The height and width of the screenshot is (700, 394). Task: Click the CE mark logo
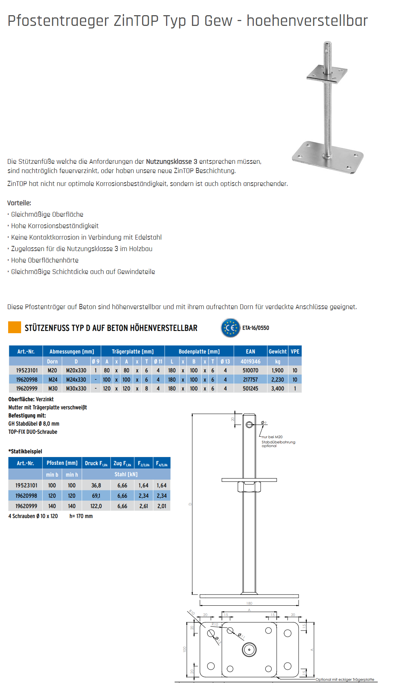pos(230,328)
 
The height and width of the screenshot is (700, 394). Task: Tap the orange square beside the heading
pos(14,327)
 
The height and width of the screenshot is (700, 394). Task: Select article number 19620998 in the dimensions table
pos(27,379)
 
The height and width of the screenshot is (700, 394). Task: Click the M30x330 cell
pos(76,389)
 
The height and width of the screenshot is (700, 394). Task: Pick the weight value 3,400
pos(277,389)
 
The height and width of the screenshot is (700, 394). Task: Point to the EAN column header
pos(250,351)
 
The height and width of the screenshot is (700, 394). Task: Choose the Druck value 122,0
pos(96,506)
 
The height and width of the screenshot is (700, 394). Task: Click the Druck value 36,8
pos(96,485)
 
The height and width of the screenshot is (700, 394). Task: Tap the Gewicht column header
pos(277,351)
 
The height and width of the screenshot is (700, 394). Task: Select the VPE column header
pos(295,351)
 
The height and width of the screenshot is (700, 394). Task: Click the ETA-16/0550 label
pos(256,328)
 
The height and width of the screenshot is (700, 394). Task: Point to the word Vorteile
pos(19,203)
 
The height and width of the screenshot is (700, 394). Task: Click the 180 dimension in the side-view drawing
pos(249,603)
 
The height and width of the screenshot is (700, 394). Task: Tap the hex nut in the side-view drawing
pos(249,487)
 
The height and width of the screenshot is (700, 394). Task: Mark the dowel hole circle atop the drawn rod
pos(249,425)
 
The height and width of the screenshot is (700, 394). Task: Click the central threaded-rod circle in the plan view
pos(249,649)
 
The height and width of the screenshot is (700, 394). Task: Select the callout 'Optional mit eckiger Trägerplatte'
pos(345,679)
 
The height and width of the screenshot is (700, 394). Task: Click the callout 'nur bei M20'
pos(272,437)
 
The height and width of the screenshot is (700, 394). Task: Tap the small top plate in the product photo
pos(327,74)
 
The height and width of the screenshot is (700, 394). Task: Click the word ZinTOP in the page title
pos(136,21)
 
